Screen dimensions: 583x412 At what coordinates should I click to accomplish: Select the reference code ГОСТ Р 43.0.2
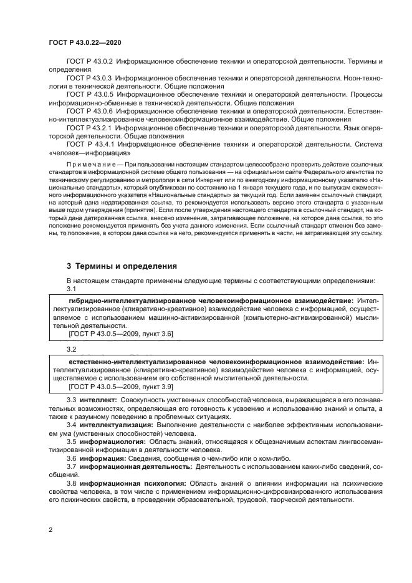point(89,62)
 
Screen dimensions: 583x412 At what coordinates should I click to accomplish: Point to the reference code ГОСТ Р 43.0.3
point(89,78)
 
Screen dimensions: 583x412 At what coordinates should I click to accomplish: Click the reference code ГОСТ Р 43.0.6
point(89,111)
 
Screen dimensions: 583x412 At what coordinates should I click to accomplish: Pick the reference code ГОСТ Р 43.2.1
point(89,127)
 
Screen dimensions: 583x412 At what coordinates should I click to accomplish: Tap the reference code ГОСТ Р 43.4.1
point(89,143)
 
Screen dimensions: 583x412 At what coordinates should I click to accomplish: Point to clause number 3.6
point(71,458)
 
